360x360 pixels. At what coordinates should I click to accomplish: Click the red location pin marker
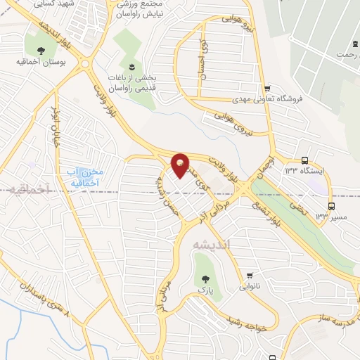coord(181,165)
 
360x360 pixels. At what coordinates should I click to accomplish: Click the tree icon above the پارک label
coord(204,277)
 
